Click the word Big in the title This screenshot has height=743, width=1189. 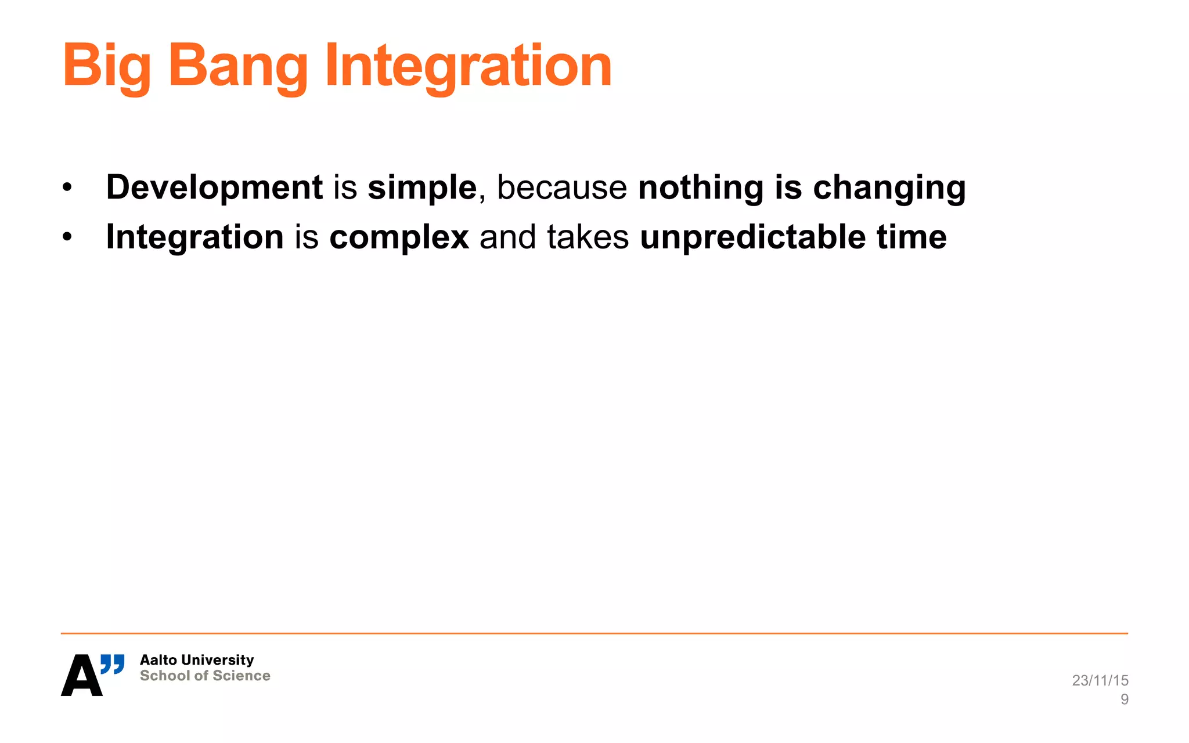coord(106,67)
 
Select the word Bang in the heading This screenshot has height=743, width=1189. coord(237,67)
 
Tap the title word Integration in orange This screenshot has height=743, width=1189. coord(468,67)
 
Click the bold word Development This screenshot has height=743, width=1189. coord(214,187)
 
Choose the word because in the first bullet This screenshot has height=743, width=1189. coord(561,187)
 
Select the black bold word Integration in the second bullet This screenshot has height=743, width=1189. coord(194,237)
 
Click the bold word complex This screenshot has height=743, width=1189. coord(399,237)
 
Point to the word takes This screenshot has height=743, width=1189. coord(588,237)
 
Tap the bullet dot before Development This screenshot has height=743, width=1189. coord(67,188)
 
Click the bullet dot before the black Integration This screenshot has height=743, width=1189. coord(67,237)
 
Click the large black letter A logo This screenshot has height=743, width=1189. coord(81,676)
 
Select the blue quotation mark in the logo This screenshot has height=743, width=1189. coord(113,664)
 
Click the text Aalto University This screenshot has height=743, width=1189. coord(197,660)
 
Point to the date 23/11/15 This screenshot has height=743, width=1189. coord(1100,680)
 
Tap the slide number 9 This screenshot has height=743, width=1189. coord(1124,699)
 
